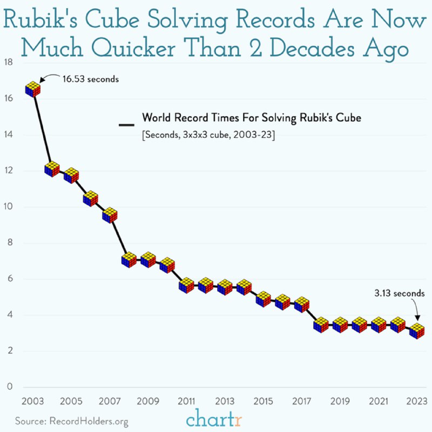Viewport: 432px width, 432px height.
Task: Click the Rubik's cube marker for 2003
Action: (33, 89)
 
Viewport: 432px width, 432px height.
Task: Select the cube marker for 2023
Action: (416, 330)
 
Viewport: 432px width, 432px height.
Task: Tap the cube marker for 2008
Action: (129, 260)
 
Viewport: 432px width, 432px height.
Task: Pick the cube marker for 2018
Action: (321, 325)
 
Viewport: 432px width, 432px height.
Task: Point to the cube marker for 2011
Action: (186, 285)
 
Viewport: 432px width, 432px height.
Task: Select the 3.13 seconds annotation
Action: (400, 294)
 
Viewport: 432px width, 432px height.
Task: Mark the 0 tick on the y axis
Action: (9, 387)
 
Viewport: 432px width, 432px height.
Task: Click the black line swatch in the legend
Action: (126, 125)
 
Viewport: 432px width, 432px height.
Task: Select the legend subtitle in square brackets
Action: (207, 135)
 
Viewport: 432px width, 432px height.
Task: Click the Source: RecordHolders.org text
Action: (72, 420)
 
